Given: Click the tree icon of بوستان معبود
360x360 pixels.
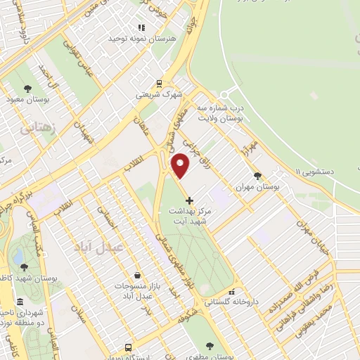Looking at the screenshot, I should click(27, 89).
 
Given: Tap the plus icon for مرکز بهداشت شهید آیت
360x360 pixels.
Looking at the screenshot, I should click(188, 201).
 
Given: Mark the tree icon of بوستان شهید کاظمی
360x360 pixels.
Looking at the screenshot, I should click(25, 266).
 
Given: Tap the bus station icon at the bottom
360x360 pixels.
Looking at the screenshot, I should click(127, 347).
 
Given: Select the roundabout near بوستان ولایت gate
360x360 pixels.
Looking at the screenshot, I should click(225, 94).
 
